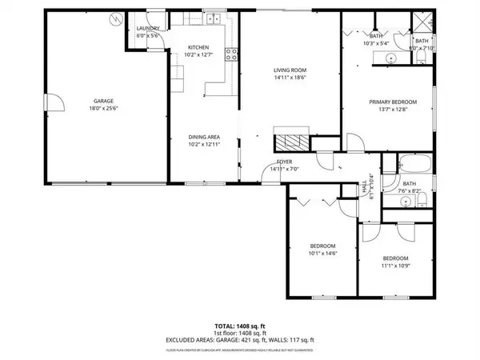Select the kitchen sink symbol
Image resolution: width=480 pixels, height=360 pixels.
coord(212,19)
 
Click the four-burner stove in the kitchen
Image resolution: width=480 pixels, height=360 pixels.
coord(232,54)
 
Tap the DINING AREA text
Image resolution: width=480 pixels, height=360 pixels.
coord(204,137)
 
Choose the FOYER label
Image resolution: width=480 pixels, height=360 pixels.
coord(285,161)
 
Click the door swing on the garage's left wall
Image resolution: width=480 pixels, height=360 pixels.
coord(54,102)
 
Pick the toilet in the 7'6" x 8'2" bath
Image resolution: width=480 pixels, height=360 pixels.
coord(425,198)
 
